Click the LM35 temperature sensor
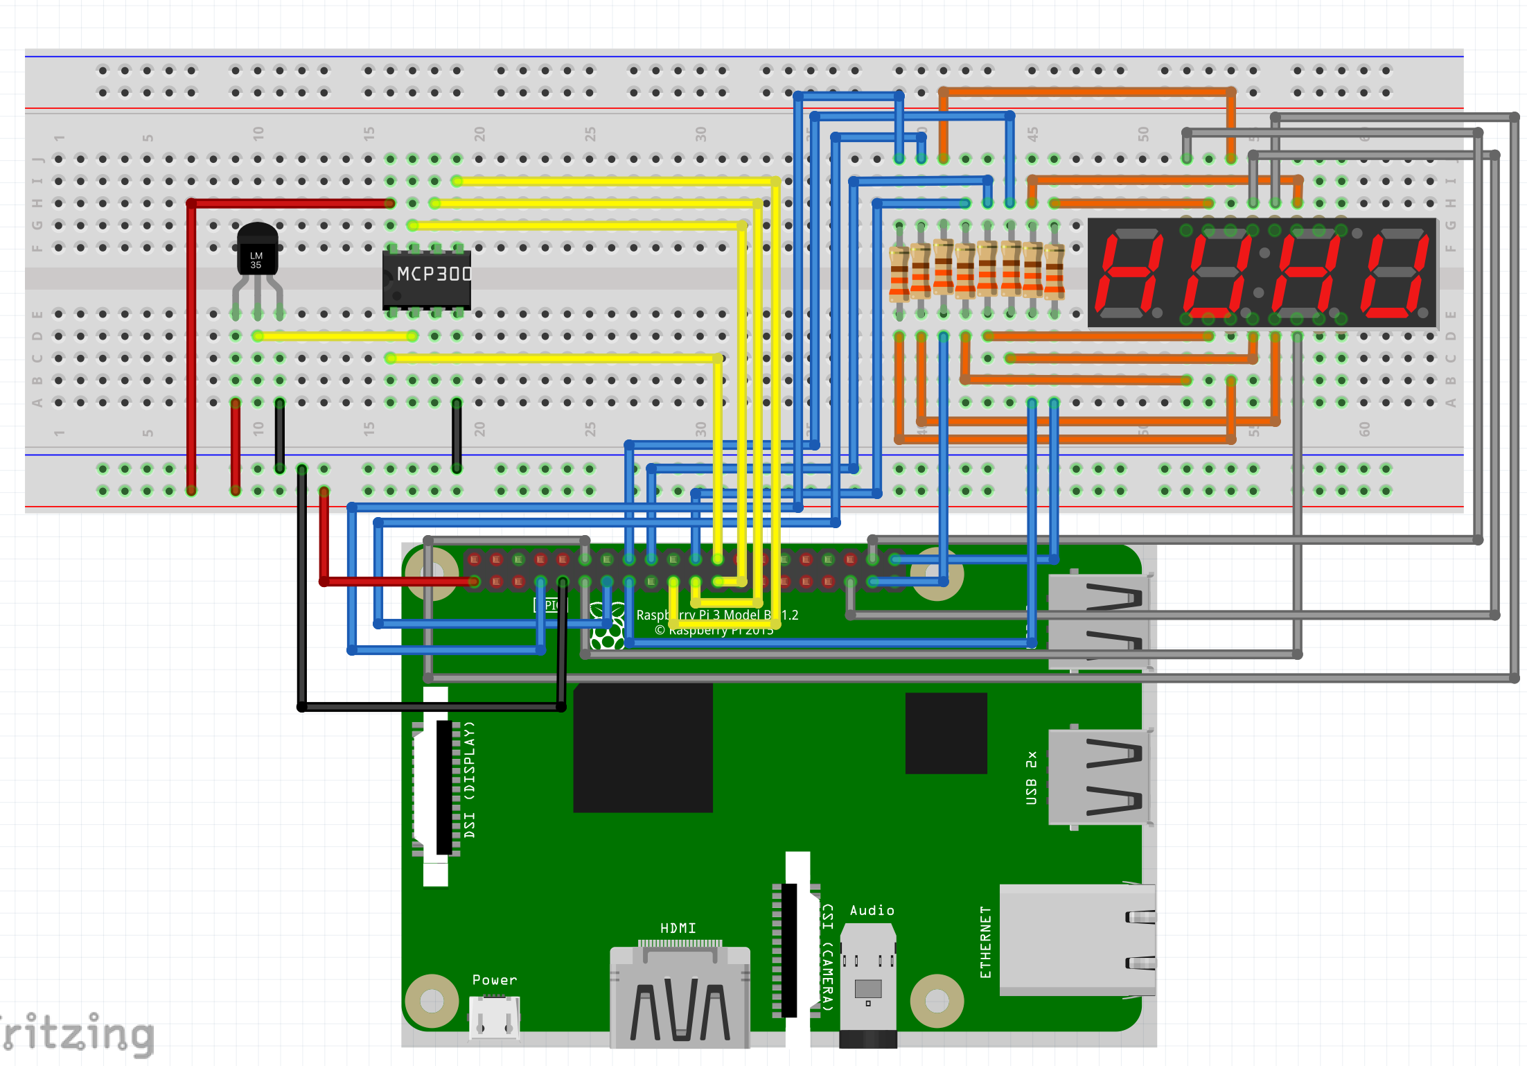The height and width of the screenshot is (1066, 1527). tap(257, 250)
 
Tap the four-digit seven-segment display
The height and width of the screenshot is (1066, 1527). tap(1262, 272)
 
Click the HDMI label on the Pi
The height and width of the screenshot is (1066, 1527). tap(678, 928)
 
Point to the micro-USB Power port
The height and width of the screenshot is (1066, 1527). tap(494, 1017)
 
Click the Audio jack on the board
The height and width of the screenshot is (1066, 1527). tap(868, 984)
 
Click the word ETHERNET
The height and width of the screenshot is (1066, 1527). tap(985, 942)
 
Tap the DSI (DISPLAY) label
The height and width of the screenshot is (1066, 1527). tap(470, 780)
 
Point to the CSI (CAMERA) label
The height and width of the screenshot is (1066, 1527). tap(827, 956)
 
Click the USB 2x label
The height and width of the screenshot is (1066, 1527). tap(1031, 778)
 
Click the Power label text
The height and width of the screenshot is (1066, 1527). tap(494, 980)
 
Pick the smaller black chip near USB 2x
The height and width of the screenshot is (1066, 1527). tap(946, 733)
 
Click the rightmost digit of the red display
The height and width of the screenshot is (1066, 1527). tap(1394, 272)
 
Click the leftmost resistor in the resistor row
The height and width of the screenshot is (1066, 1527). tap(899, 274)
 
